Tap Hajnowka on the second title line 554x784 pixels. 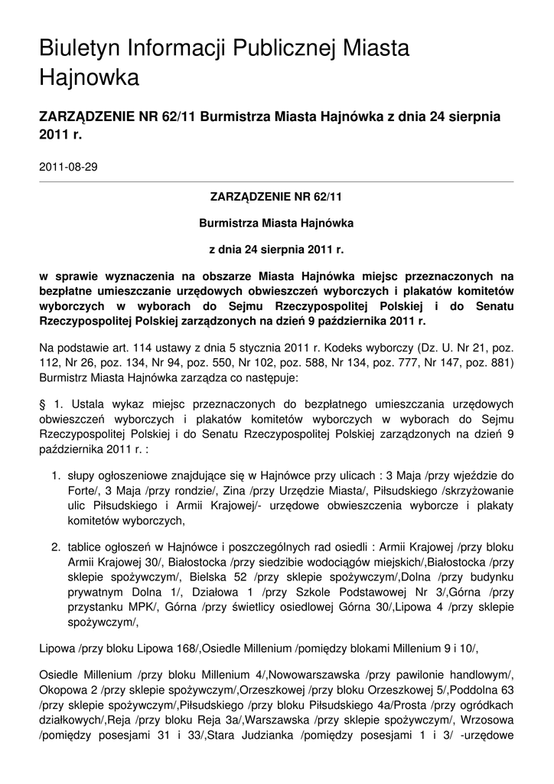click(x=89, y=77)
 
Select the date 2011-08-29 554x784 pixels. click(x=68, y=166)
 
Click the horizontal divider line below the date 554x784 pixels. click(x=276, y=181)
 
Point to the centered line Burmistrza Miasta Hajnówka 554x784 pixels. click(x=276, y=223)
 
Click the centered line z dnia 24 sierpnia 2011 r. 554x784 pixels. click(x=276, y=250)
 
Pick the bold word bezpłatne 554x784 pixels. click(x=67, y=291)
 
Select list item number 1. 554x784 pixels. click(x=56, y=475)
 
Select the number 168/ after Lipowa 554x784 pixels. click(x=184, y=648)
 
